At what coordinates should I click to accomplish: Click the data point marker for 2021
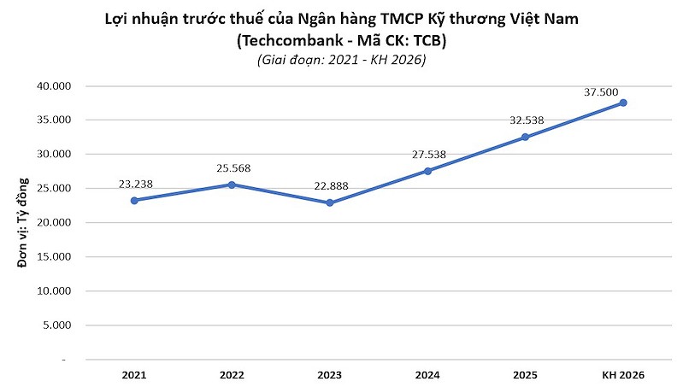134,200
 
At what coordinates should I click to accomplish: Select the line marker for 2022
232,185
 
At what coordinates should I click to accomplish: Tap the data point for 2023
330,202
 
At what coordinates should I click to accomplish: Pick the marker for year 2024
427,171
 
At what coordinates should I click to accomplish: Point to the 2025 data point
525,137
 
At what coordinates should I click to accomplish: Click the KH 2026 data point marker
623,103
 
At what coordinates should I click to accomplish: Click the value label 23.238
136,183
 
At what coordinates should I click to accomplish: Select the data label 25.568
233,167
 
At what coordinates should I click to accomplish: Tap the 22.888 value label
331,185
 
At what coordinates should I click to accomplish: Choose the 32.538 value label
527,120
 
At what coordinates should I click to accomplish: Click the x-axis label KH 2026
623,375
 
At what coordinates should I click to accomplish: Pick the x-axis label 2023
330,375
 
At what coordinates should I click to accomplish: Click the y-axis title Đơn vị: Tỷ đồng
23,223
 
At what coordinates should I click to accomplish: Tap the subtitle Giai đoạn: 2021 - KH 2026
341,61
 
